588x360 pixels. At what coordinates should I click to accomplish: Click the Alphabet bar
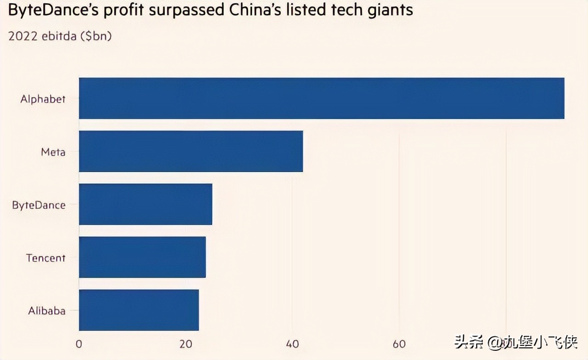click(x=322, y=98)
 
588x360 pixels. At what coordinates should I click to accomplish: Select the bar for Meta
click(x=191, y=151)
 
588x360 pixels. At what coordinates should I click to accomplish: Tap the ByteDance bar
click(x=145, y=204)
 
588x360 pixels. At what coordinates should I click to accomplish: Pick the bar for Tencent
click(x=142, y=257)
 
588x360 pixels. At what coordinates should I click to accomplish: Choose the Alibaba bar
click(x=139, y=310)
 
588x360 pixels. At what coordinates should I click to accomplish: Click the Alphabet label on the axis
click(x=43, y=99)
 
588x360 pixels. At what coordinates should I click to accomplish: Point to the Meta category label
click(x=53, y=152)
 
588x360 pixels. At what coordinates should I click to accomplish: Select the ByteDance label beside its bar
click(x=39, y=205)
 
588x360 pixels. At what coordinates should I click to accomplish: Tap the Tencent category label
click(x=45, y=258)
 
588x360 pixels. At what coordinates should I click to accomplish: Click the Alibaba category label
click(x=46, y=310)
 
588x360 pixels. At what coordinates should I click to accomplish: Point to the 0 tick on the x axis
click(x=79, y=344)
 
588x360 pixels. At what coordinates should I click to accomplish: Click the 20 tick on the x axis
click(x=186, y=344)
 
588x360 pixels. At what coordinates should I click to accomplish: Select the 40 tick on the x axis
click(x=293, y=344)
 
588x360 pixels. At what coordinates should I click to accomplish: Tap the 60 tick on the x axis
click(x=399, y=344)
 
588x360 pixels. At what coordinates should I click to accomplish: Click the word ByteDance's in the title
click(x=53, y=11)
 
